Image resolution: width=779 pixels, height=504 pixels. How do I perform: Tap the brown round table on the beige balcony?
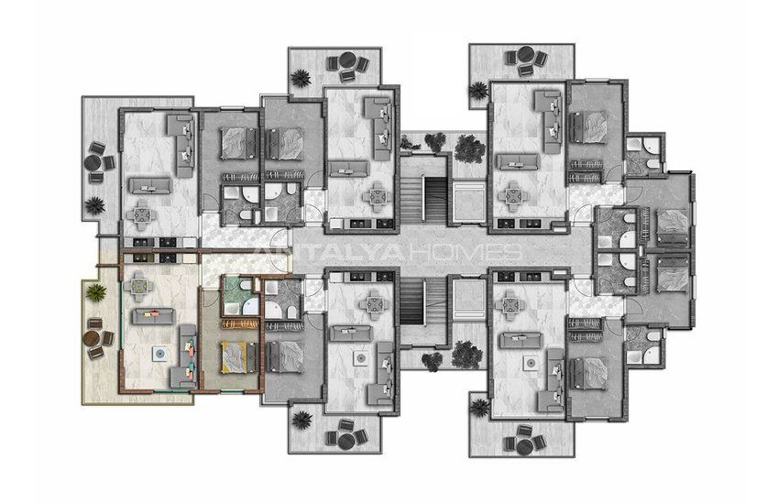click(x=92, y=339)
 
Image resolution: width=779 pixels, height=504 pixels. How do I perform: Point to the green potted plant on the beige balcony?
click(x=96, y=292)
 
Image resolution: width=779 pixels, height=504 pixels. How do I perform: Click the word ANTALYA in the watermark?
click(x=328, y=252)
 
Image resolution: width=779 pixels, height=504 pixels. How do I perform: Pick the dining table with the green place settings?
click(x=139, y=287)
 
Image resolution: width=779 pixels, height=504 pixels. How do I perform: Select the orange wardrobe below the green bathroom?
click(x=240, y=323)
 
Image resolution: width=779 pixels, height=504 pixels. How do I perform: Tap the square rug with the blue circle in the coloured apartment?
click(x=159, y=354)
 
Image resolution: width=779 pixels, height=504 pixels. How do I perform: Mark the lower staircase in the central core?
click(x=424, y=301)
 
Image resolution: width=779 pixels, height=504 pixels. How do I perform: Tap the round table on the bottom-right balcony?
click(x=524, y=446)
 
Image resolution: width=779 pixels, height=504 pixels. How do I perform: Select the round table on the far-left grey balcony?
click(x=93, y=163)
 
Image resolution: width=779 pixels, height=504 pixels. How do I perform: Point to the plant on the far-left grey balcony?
click(x=94, y=205)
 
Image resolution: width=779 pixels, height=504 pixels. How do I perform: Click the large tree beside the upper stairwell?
click(x=469, y=148)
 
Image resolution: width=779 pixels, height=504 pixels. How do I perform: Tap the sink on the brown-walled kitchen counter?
click(x=189, y=258)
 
